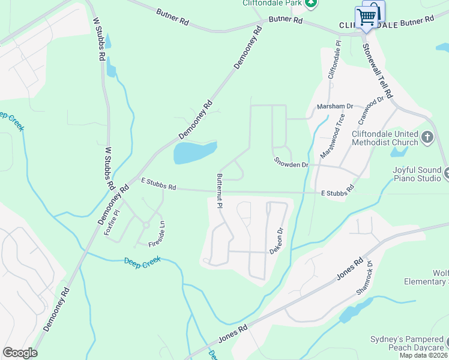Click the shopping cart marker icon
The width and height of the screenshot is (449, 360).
[x=369, y=15]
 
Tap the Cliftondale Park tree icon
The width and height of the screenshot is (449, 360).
[x=310, y=3]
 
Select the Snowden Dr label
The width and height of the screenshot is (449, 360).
[x=291, y=163]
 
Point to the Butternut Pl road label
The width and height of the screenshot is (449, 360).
[x=220, y=191]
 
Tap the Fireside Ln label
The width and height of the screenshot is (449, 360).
[x=158, y=235]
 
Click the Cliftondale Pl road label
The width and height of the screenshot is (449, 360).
[x=334, y=60]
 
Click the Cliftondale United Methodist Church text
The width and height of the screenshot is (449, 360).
[x=385, y=138]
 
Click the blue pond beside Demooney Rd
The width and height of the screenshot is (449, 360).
[x=194, y=152]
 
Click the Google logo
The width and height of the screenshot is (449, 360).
[x=20, y=353]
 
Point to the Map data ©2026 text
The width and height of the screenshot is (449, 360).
[x=424, y=355]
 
